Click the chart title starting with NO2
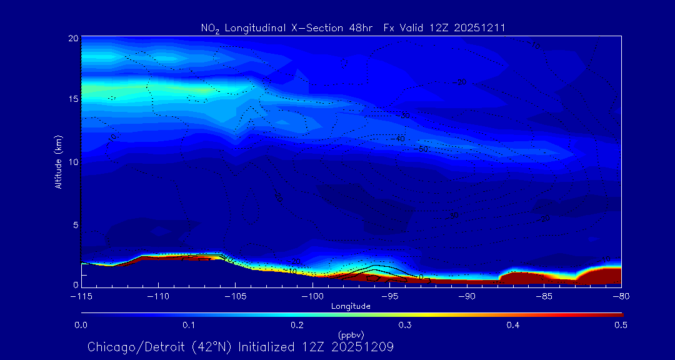coord(351,27)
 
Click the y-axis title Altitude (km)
coord(58,161)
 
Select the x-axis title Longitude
coord(351,306)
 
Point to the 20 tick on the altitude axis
coord(72,38)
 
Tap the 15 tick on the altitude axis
coord(72,99)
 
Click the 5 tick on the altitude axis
coord(74,224)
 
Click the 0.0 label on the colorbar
coord(81,325)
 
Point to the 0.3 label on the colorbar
coord(405,325)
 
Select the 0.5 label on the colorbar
coord(621,325)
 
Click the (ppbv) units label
coord(351,334)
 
